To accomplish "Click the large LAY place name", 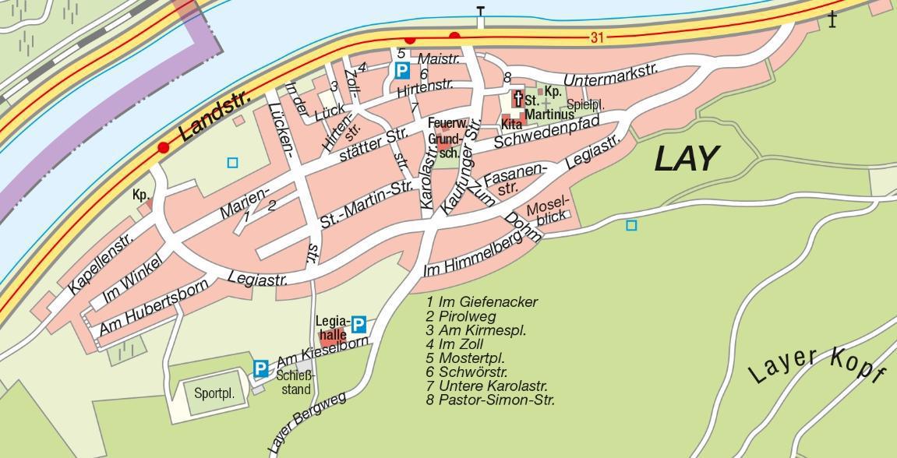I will pos(685,159).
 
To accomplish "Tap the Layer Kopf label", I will pos(816,365).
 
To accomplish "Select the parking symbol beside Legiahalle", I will pos(358,324).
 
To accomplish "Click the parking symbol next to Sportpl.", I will pos(260,368).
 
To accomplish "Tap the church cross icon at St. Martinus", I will pos(517,100).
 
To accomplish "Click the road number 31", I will pos(598,37).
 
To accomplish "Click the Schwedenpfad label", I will pos(556,132).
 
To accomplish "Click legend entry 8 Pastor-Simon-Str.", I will pos(490,400).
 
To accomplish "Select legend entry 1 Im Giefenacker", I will pos(482,301).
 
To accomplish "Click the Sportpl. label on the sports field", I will pos(214,393).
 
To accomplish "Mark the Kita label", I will pos(511,124).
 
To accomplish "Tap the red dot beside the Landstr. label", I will pos(163,147).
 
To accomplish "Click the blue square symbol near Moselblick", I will pos(631,225).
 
